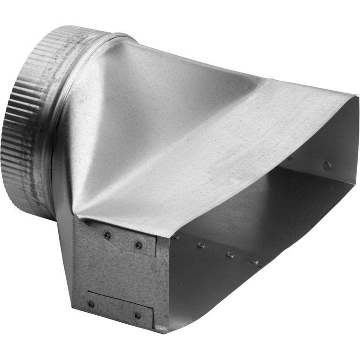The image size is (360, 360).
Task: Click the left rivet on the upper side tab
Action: click(108, 235)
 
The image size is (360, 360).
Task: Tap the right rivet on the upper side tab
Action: click(139, 245)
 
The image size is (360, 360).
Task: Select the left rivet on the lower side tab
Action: click(91, 304)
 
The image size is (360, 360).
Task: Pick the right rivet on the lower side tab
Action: click(138, 315)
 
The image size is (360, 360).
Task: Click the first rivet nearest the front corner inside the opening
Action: click(176, 237)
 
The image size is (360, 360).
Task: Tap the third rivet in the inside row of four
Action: click(230, 255)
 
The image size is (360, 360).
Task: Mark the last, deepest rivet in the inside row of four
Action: click(254, 262)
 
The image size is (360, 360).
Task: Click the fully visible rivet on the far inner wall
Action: click(326, 166)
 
